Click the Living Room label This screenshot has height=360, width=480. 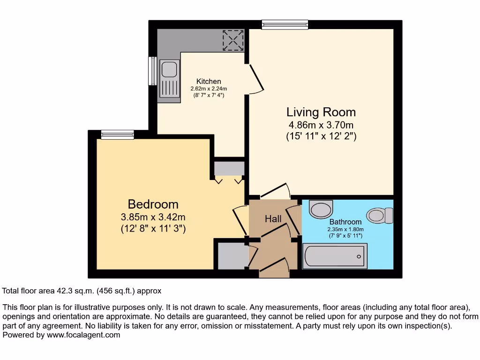pos(321,112)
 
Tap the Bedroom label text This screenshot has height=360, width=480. pos(153,204)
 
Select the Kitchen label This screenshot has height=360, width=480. pos(209,82)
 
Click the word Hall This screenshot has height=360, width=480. pos(273,219)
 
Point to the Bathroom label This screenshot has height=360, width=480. pos(345,222)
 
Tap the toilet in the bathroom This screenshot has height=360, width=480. pos(380,216)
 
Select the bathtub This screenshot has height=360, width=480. pos(335,256)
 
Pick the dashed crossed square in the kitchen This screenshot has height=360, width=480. pos(233,40)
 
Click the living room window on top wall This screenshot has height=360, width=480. pos(285,25)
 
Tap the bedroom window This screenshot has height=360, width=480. pos(117,135)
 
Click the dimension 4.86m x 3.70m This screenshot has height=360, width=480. pos(321,125)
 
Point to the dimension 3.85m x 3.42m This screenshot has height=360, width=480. pos(153,217)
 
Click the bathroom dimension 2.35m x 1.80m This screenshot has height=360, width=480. pos(345,229)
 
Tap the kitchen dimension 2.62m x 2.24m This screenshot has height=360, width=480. pos(209,89)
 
